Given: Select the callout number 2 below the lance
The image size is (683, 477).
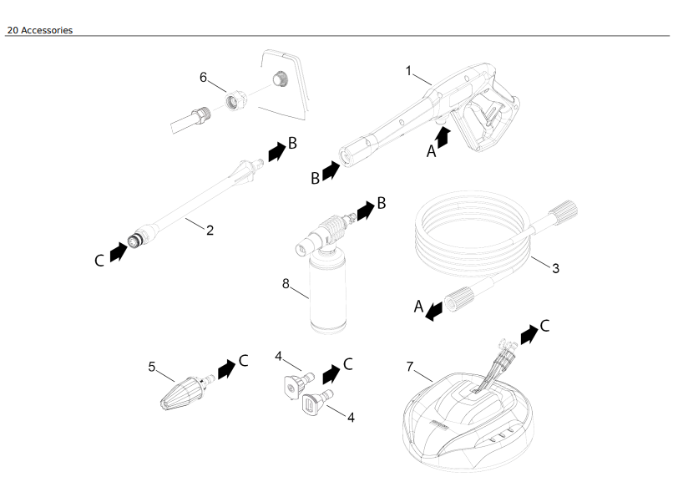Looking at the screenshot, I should (x=210, y=231).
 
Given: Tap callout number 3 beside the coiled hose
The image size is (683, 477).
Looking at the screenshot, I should (x=555, y=268).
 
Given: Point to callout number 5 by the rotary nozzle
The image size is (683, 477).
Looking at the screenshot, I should (x=152, y=366).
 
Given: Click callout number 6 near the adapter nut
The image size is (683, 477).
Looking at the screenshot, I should (x=203, y=77).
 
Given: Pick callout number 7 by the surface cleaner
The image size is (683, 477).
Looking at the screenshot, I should (x=410, y=366).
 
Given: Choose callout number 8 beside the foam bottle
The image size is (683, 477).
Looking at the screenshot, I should (x=286, y=283).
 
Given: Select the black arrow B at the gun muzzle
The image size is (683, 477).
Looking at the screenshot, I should (x=331, y=171).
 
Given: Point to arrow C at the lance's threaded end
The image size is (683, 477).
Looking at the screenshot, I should (x=119, y=251).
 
